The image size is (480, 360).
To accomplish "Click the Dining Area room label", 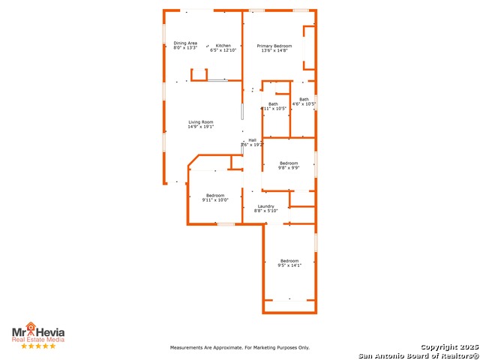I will pyautogui.click(x=185, y=43).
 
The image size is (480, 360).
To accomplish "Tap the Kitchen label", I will pyautogui.click(x=223, y=46).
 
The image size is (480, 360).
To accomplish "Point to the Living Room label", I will pyautogui.click(x=200, y=122).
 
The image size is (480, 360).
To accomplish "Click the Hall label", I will pyautogui.click(x=253, y=140).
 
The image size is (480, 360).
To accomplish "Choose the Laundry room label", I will pyautogui.click(x=265, y=206).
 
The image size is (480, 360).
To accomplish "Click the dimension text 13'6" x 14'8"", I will pyautogui.click(x=274, y=51).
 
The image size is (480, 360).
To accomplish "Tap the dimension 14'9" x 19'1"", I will pyautogui.click(x=200, y=127).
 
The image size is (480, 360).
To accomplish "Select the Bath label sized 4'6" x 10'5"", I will pyautogui.click(x=304, y=100).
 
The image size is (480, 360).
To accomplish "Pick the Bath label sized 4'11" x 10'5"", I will pyautogui.click(x=273, y=104).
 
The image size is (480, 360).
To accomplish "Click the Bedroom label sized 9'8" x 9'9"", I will pyautogui.click(x=289, y=163).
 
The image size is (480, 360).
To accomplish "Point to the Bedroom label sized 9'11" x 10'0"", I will pyautogui.click(x=215, y=196).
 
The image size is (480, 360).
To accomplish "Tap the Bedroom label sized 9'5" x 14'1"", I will pyautogui.click(x=289, y=261).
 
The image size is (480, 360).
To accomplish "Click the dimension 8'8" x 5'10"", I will pyautogui.click(x=265, y=211).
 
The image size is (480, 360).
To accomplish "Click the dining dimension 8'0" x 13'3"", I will pyautogui.click(x=185, y=48).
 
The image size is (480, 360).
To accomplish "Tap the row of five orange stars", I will pyautogui.click(x=38, y=346).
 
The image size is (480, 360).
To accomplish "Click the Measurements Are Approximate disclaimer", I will pyautogui.click(x=240, y=348).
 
